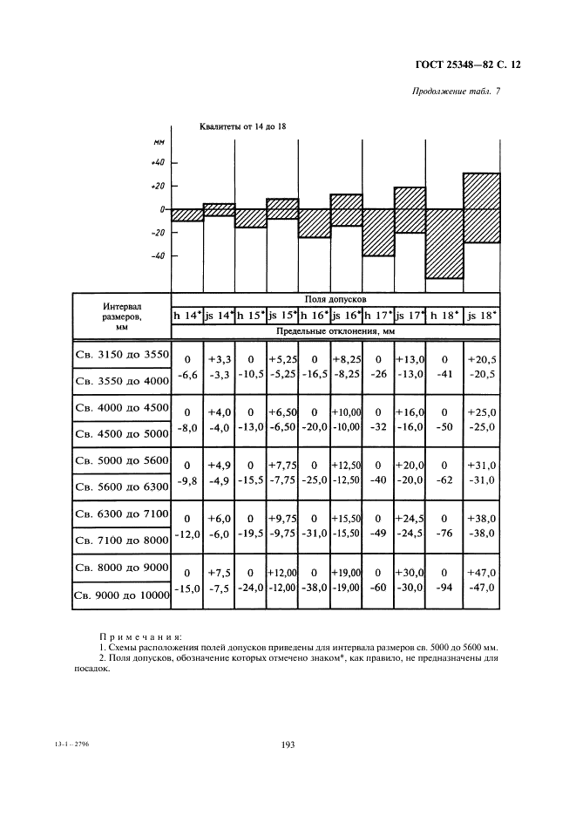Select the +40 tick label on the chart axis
(x=157, y=162)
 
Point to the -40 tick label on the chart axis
(x=157, y=256)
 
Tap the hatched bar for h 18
(x=444, y=243)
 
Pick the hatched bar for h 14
(x=187, y=214)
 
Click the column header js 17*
(x=410, y=316)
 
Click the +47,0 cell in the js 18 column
(x=481, y=574)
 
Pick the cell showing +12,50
(x=347, y=466)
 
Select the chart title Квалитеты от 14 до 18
(x=243, y=127)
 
